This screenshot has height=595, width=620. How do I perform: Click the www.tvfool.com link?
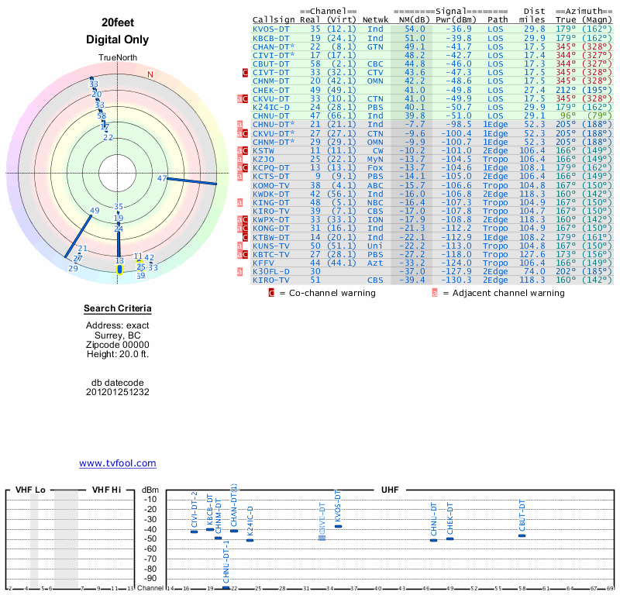point(118,463)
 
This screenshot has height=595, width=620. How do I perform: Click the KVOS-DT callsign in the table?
point(272,29)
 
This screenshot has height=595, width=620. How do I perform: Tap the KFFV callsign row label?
point(263,263)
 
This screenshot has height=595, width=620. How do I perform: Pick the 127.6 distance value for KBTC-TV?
point(532,254)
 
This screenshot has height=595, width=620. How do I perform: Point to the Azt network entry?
point(375,263)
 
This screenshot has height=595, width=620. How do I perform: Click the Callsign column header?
point(274,19)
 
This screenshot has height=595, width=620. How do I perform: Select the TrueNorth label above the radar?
point(118,59)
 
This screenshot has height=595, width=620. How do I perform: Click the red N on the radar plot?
point(150,74)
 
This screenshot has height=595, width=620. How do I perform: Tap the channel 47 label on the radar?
point(162,178)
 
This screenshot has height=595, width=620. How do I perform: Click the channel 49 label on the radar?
point(95,211)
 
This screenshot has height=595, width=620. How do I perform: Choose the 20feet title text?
point(118,22)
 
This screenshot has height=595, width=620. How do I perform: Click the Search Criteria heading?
point(118,310)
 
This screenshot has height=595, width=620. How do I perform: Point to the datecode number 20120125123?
point(118,392)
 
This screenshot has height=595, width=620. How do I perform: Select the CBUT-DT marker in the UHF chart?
point(522,535)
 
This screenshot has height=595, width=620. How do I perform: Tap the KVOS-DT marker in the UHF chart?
point(338,527)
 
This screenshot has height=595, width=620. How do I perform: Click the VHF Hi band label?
point(107,490)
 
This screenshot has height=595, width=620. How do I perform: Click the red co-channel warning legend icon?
point(271,293)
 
